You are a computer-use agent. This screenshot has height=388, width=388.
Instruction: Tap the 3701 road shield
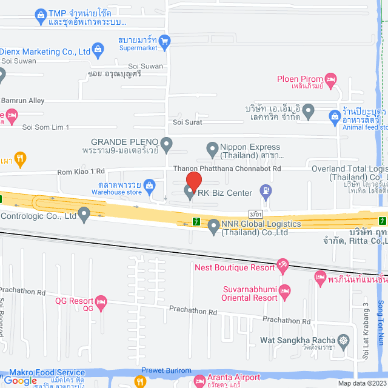[256, 213]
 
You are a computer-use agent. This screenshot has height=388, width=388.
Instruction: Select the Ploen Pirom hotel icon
[330, 79]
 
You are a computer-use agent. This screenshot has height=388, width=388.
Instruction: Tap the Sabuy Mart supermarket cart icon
[164, 41]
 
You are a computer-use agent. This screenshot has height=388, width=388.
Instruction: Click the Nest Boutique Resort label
[234, 267]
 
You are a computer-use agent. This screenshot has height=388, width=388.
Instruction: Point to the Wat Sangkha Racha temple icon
[344, 339]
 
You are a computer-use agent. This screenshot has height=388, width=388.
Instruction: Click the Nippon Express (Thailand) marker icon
[212, 147]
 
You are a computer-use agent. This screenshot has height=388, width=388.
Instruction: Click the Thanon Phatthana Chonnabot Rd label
[227, 169]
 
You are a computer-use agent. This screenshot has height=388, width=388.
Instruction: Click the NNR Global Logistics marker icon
[213, 227]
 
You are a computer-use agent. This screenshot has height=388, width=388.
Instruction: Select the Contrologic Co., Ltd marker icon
[84, 214]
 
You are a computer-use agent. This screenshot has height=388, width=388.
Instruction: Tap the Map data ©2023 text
[361, 383]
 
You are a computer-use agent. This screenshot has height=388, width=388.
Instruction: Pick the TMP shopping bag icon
[40, 13]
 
